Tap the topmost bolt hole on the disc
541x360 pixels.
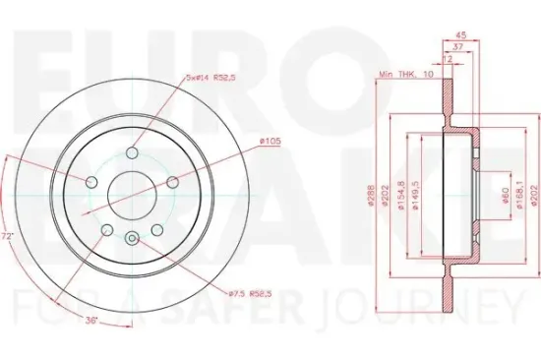coord(131,152)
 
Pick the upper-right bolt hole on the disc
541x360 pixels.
coord(172,182)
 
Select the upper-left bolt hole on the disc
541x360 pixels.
coord(90,182)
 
